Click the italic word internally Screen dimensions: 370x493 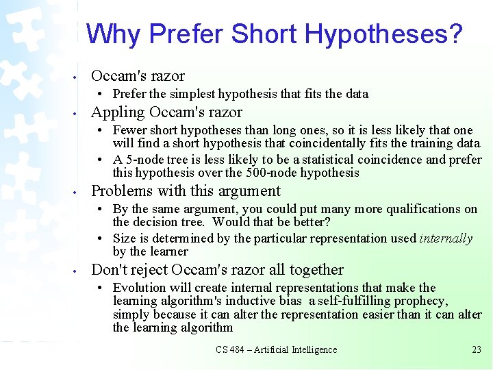point(446,238)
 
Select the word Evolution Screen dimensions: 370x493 point(141,288)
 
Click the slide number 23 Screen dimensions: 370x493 point(477,349)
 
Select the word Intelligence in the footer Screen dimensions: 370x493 point(312,349)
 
